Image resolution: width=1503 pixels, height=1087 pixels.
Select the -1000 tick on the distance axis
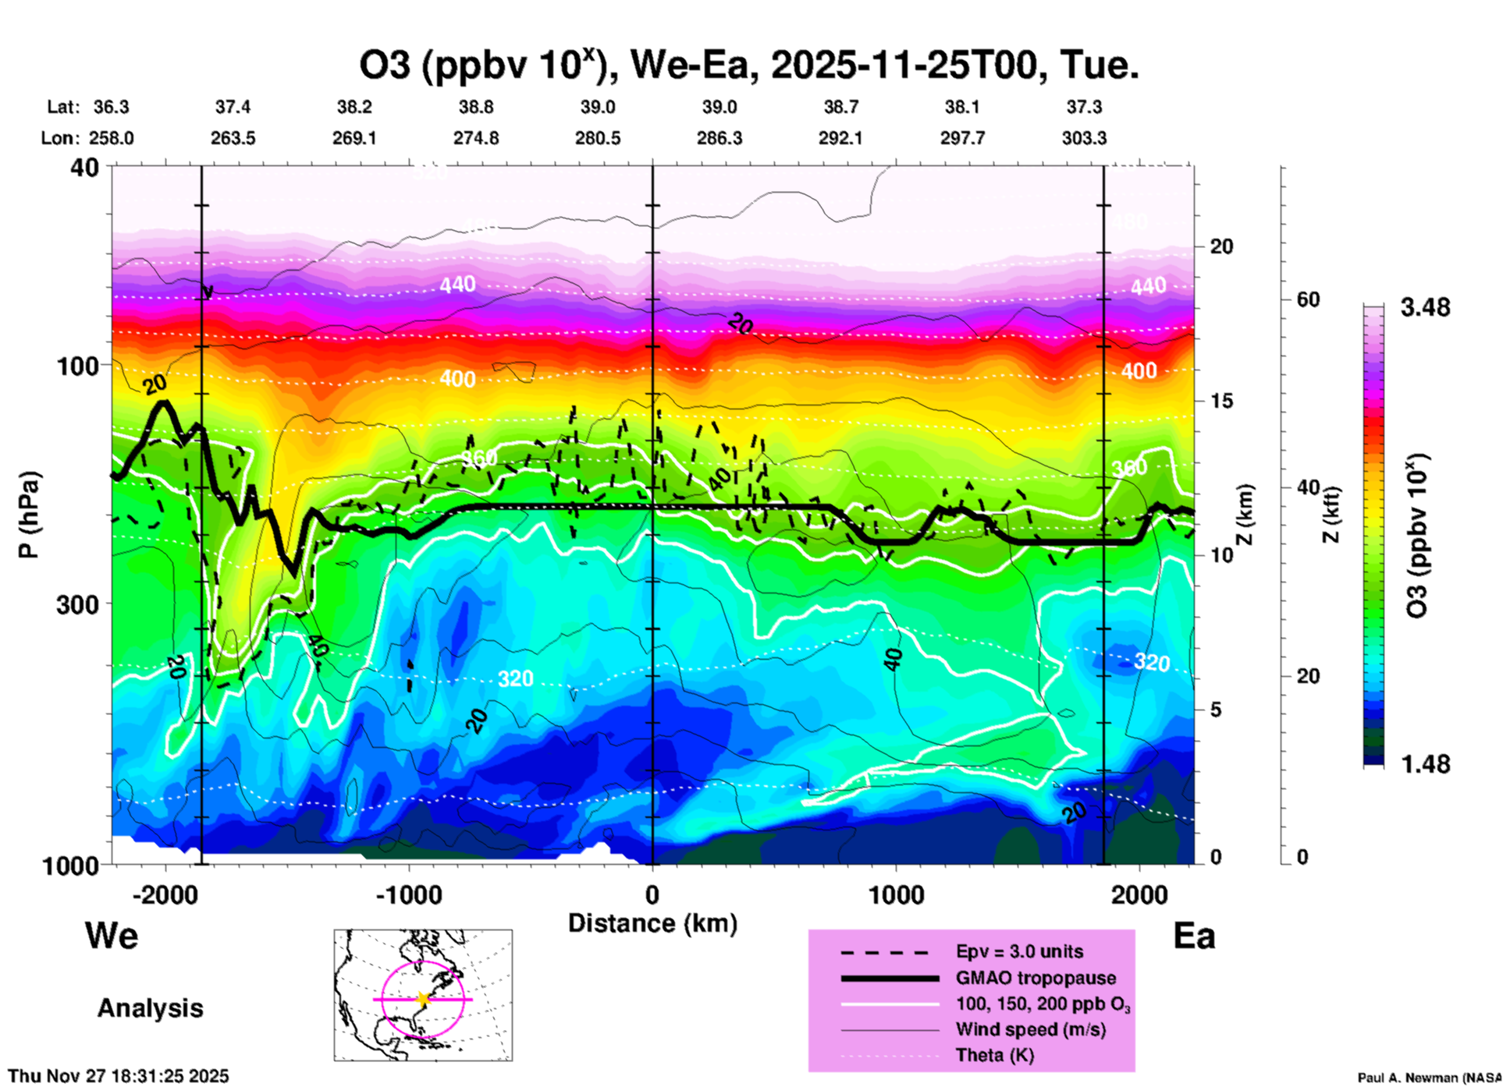pos(409,895)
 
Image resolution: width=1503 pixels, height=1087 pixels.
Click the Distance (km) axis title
pos(652,923)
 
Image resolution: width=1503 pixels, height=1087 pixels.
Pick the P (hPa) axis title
pos(29,515)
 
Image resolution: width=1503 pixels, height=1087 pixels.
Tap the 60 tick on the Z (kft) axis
pos(1309,300)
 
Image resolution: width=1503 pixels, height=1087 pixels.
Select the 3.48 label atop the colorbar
pos(1425,308)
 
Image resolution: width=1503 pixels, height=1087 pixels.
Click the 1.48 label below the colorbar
pos(1425,764)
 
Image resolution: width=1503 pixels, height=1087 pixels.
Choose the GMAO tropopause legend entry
pos(1036,978)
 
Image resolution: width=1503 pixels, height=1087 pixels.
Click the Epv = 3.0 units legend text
pos(1019,951)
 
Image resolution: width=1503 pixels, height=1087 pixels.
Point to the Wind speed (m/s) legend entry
pos(1030,1029)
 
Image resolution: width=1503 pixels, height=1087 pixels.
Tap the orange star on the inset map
pos(423,999)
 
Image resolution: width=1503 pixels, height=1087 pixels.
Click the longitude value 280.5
pos(598,138)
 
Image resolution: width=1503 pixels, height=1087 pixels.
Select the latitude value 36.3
pos(112,107)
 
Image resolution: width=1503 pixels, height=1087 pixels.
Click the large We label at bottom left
pos(112,936)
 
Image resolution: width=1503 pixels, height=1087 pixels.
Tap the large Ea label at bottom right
pos(1194,936)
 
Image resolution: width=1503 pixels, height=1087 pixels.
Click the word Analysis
pos(150,1008)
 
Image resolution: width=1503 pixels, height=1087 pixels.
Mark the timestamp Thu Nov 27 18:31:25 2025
pos(119,1076)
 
